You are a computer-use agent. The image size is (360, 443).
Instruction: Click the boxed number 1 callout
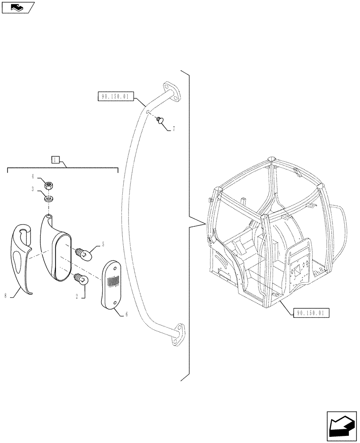[55, 160]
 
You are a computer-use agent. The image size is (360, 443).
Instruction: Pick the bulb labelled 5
[84, 254]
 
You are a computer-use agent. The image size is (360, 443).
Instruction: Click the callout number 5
[103, 245]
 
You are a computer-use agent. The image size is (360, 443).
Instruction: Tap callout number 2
[77, 297]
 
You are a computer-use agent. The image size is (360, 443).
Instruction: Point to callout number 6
[126, 314]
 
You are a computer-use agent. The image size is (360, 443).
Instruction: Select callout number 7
[173, 129]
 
